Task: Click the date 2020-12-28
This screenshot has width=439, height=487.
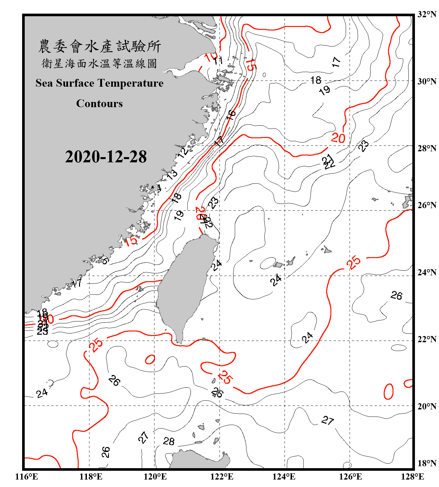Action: tap(106, 157)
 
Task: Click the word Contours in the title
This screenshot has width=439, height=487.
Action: tap(100, 104)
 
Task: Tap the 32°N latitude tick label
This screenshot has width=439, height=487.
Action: tap(427, 14)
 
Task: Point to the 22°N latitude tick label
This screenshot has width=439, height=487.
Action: tap(427, 339)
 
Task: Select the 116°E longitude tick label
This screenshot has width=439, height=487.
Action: tap(27, 477)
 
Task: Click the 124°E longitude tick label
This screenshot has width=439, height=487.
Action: tap(284, 477)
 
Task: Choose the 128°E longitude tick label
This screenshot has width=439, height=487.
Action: tap(412, 477)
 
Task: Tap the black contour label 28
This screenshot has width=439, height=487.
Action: tap(169, 441)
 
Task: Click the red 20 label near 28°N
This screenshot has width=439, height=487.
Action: tap(338, 138)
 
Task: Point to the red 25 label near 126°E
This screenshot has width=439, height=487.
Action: tap(353, 262)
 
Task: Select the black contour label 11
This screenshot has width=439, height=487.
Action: tap(218, 60)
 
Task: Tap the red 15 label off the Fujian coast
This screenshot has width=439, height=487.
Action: tap(131, 241)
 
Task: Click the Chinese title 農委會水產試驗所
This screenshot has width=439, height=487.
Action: tap(100, 46)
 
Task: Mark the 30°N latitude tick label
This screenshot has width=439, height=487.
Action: tap(427, 81)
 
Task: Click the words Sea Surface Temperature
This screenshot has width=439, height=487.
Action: tap(100, 83)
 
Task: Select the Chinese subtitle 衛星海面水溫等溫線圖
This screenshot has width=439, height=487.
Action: tap(100, 64)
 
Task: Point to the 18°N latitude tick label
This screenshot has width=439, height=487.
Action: tap(427, 463)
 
